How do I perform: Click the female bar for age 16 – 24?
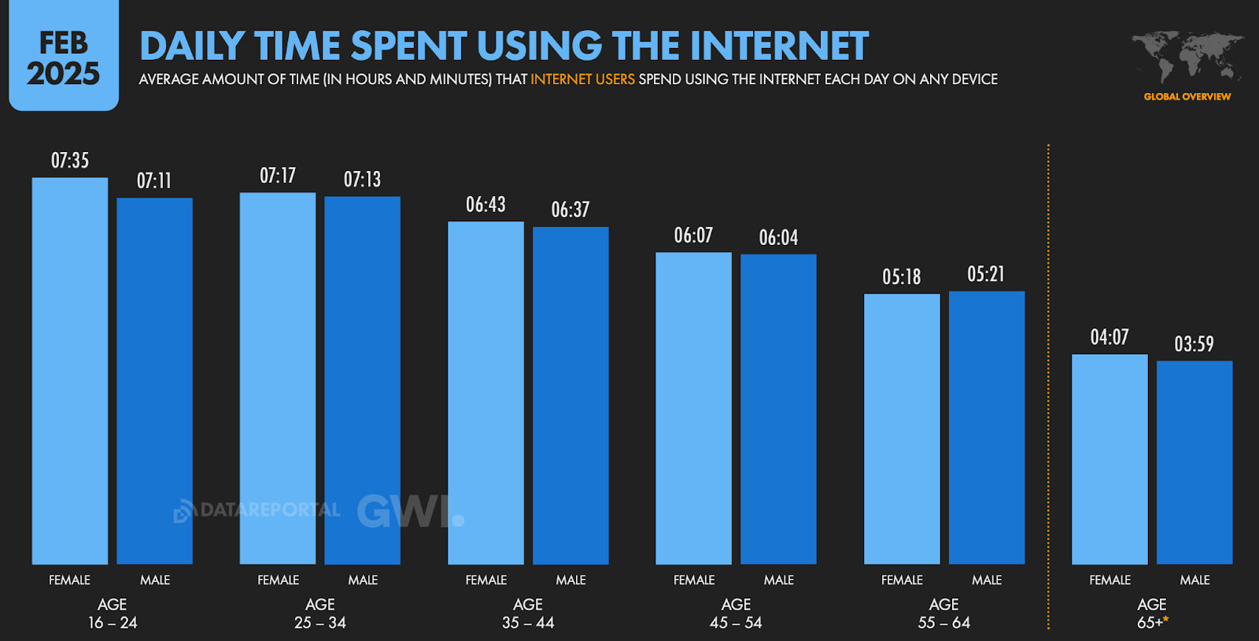click(70, 370)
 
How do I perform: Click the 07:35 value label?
click(70, 161)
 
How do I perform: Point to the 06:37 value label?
click(570, 209)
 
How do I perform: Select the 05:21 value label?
click(986, 274)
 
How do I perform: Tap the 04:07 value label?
click(1109, 337)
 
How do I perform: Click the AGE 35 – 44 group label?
click(528, 613)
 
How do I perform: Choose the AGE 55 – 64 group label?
click(944, 613)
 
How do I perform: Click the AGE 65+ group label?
click(1152, 613)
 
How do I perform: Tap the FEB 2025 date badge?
click(64, 57)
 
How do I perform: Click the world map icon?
click(1187, 56)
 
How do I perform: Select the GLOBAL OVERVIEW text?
click(1187, 97)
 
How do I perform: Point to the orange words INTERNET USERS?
click(582, 80)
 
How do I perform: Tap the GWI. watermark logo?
click(410, 511)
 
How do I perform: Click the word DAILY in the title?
click(192, 46)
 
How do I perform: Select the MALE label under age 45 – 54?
click(779, 580)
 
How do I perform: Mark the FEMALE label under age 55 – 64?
click(902, 580)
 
